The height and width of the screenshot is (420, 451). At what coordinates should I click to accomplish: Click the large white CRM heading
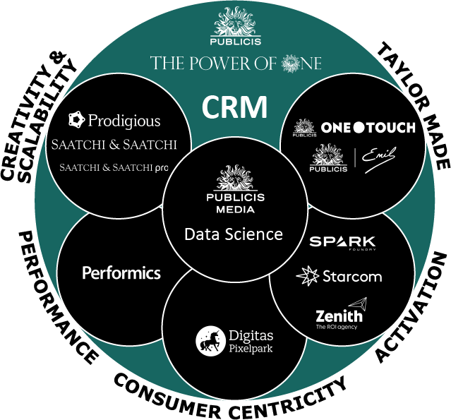(235, 107)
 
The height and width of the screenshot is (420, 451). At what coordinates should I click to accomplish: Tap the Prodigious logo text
(124, 121)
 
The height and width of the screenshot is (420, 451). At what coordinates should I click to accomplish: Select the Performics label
(121, 272)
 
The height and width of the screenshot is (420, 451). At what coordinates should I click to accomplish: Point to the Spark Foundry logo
(342, 242)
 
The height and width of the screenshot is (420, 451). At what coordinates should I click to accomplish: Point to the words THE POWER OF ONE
(236, 64)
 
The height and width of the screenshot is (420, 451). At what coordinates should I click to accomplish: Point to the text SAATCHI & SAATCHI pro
(114, 168)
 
